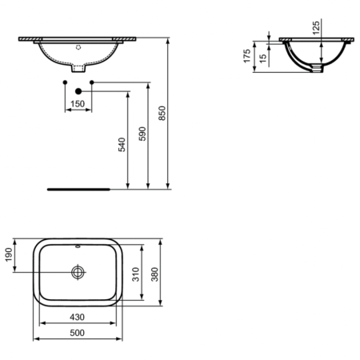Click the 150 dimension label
coord(78,104)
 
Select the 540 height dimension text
coord(122,143)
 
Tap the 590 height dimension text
coord(142,133)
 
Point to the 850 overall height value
coord(163,114)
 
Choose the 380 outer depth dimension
coord(157,274)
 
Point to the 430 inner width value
coord(77,318)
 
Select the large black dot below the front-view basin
coord(78,90)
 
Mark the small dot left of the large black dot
coord(63,83)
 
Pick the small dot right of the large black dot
coord(92,83)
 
